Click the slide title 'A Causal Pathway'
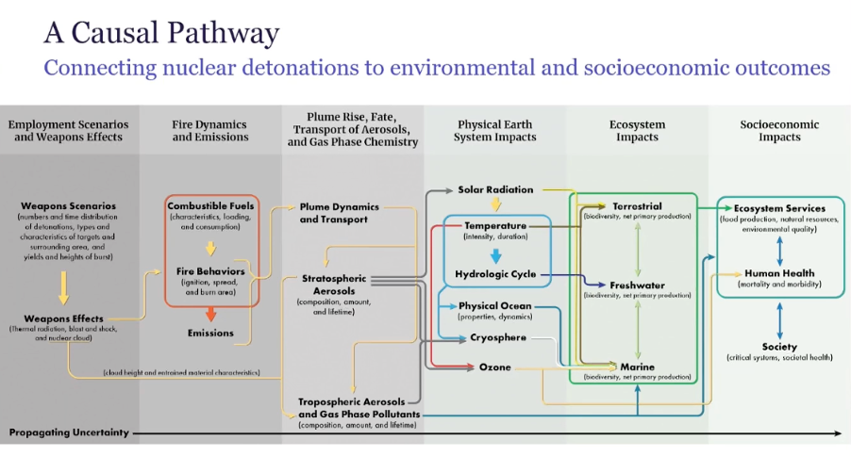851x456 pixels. point(161,34)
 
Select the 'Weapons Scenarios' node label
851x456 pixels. point(68,205)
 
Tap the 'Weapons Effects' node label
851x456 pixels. point(64,318)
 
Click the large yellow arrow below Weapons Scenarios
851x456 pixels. point(63,286)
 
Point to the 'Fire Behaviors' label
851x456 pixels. point(211,271)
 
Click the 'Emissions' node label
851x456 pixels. point(211,333)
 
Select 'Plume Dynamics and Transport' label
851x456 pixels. point(339,213)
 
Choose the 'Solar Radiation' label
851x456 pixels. point(495,189)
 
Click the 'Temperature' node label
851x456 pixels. point(494,226)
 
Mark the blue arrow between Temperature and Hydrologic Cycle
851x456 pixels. point(495,254)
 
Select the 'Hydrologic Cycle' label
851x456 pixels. point(495,274)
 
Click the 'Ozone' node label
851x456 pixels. point(495,366)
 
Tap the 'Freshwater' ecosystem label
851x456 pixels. point(637,285)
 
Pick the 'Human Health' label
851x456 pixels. point(779,273)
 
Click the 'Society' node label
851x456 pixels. point(779,347)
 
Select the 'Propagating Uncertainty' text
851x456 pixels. point(69,432)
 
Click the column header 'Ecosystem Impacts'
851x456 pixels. point(638,130)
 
